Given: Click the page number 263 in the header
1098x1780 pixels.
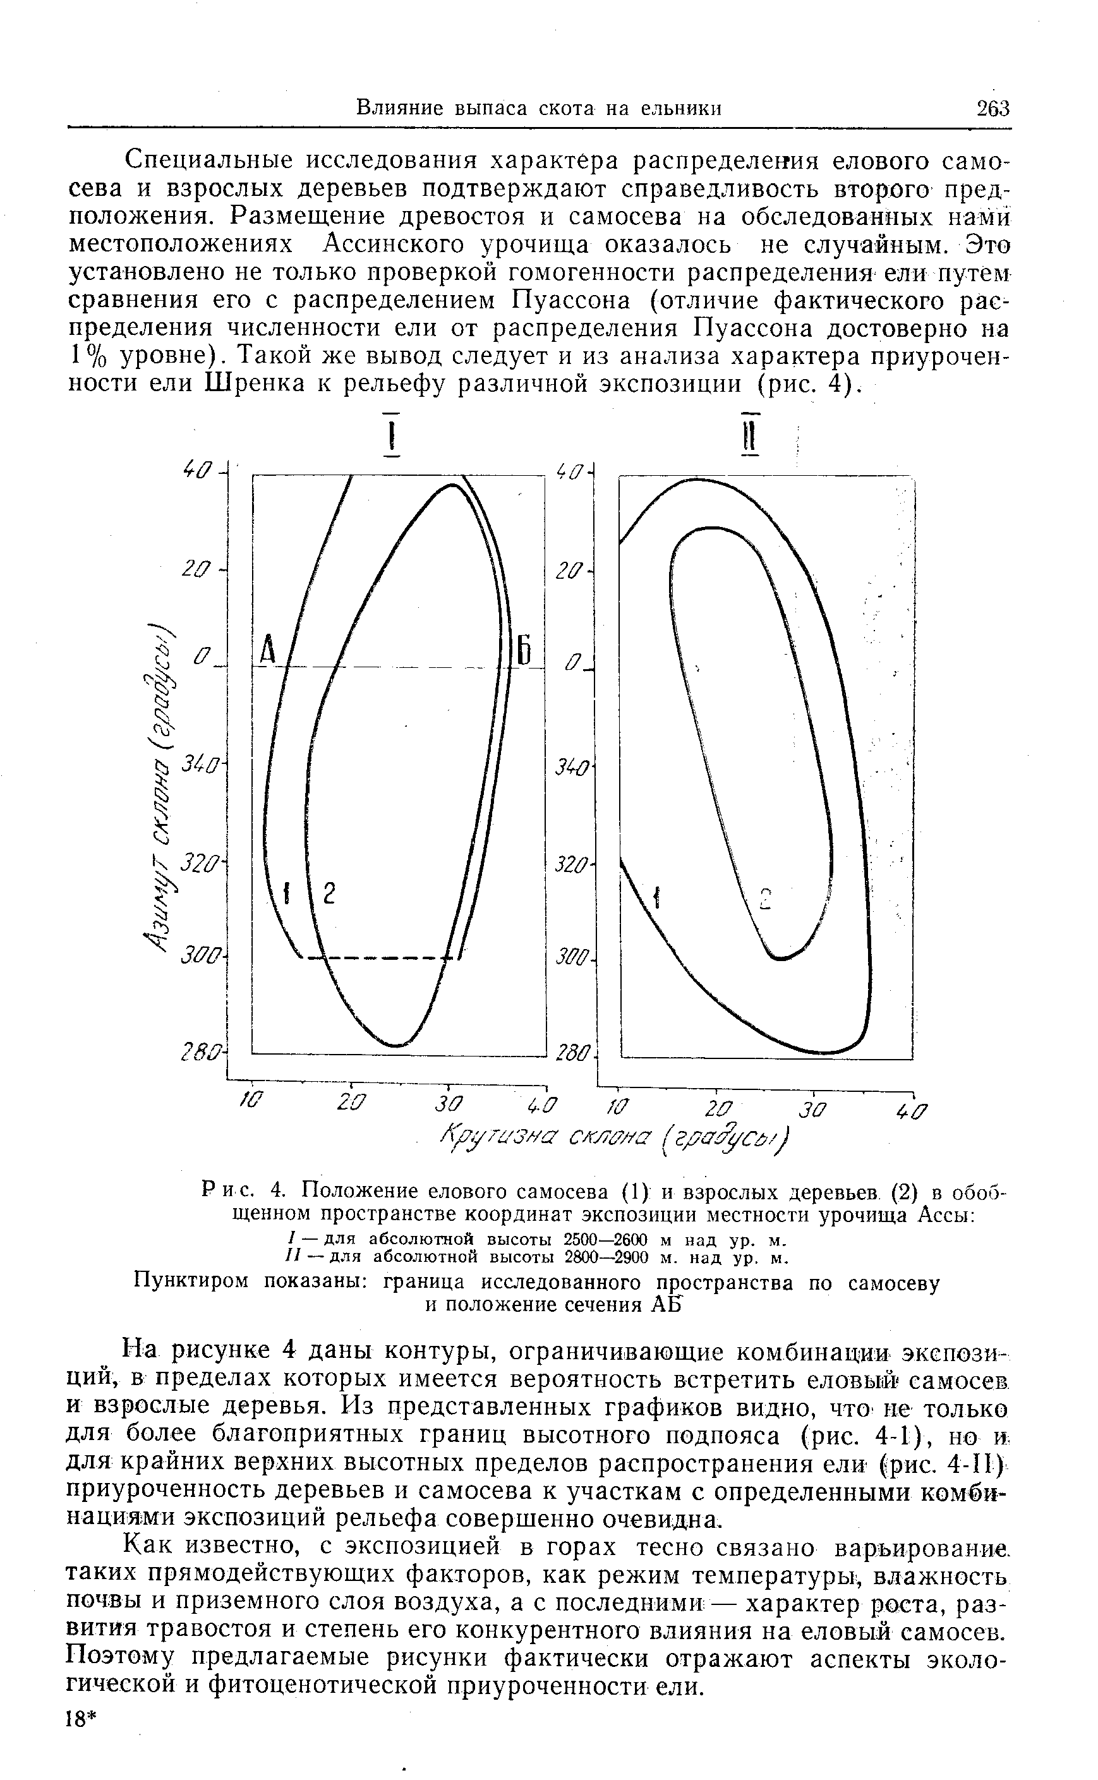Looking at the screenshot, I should point(992,108).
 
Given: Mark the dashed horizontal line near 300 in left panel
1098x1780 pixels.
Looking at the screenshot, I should point(378,958).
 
